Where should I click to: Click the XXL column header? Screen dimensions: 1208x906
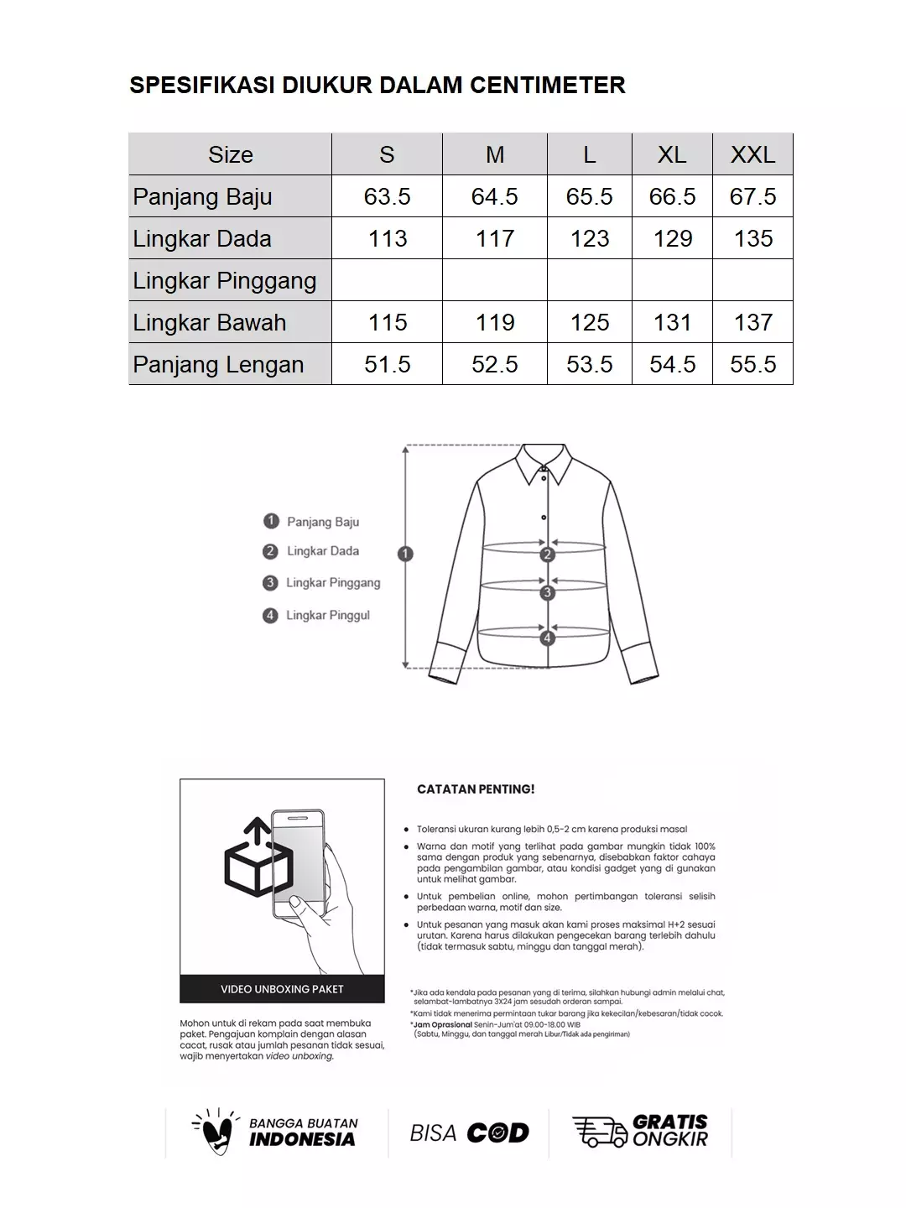click(752, 154)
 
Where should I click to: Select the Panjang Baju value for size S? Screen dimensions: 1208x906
click(387, 196)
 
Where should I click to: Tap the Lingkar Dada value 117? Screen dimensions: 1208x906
click(494, 238)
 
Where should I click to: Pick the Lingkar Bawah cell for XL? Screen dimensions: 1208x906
click(672, 322)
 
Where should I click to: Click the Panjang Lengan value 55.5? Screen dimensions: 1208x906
click(752, 364)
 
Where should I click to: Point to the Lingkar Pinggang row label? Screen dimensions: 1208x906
click(225, 280)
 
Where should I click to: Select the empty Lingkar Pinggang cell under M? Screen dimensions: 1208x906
click(494, 280)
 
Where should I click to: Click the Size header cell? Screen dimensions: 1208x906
click(230, 154)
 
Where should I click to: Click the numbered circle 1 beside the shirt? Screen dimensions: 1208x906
click(406, 554)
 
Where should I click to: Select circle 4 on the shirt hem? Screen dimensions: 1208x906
click(548, 638)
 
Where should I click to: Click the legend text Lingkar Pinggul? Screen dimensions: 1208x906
click(327, 615)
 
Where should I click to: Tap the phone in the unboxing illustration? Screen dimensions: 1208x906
click(299, 864)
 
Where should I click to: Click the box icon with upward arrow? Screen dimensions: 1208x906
click(258, 859)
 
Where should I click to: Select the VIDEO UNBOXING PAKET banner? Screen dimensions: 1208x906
click(282, 989)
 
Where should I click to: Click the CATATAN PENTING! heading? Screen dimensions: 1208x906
click(476, 789)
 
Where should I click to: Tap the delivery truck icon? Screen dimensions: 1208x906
click(599, 1132)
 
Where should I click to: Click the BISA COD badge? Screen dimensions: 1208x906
click(469, 1132)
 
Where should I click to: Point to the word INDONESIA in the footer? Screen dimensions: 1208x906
click(302, 1139)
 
